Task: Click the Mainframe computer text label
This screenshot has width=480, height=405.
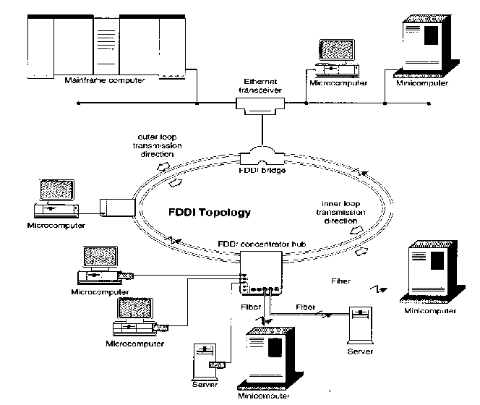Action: click(x=104, y=80)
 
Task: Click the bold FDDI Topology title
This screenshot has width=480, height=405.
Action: click(x=210, y=213)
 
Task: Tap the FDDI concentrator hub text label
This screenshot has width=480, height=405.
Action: click(x=263, y=245)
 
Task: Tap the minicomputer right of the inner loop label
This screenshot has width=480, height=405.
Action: click(x=431, y=273)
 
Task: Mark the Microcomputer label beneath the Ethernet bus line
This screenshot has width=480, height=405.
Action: click(x=338, y=83)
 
